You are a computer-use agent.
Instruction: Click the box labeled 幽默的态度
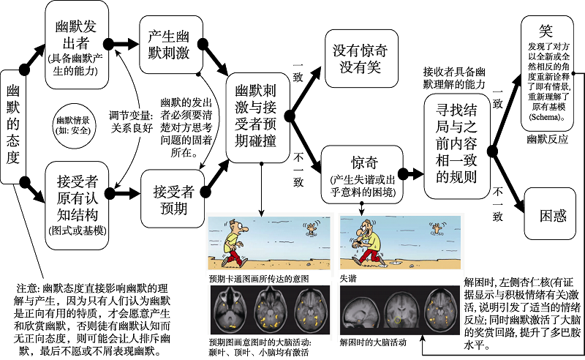(12, 124)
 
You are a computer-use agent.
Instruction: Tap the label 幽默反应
(547, 137)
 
